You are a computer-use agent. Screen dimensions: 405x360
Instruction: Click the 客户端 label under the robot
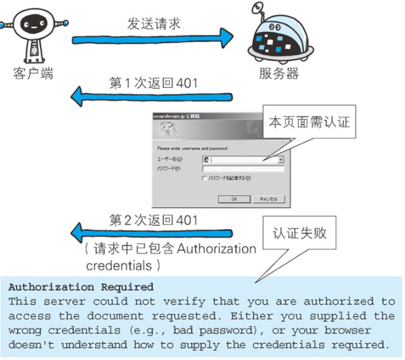click(x=33, y=73)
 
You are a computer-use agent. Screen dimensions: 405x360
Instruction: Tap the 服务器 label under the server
click(x=279, y=73)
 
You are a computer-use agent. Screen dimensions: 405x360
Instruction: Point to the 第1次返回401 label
click(x=153, y=83)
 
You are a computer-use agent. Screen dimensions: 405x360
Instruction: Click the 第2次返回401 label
click(x=153, y=221)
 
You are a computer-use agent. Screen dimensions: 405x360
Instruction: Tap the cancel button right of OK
click(x=268, y=199)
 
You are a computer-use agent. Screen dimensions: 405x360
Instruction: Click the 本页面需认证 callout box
click(x=309, y=123)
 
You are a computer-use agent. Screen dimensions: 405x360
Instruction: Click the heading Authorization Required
click(x=81, y=287)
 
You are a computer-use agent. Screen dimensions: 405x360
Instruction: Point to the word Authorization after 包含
click(x=217, y=249)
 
